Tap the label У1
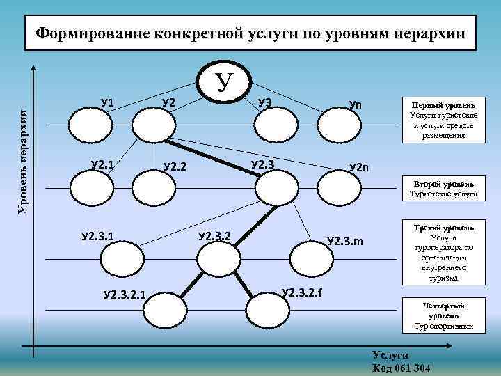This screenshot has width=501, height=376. point(107,104)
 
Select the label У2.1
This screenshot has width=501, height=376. point(103,164)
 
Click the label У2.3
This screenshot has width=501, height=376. point(262,164)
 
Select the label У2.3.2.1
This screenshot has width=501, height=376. point(125,294)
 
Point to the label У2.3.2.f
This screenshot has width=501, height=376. point(301,290)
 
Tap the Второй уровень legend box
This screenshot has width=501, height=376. point(445,189)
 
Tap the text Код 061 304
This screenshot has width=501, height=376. point(401,367)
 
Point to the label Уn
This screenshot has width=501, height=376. point(356,104)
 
